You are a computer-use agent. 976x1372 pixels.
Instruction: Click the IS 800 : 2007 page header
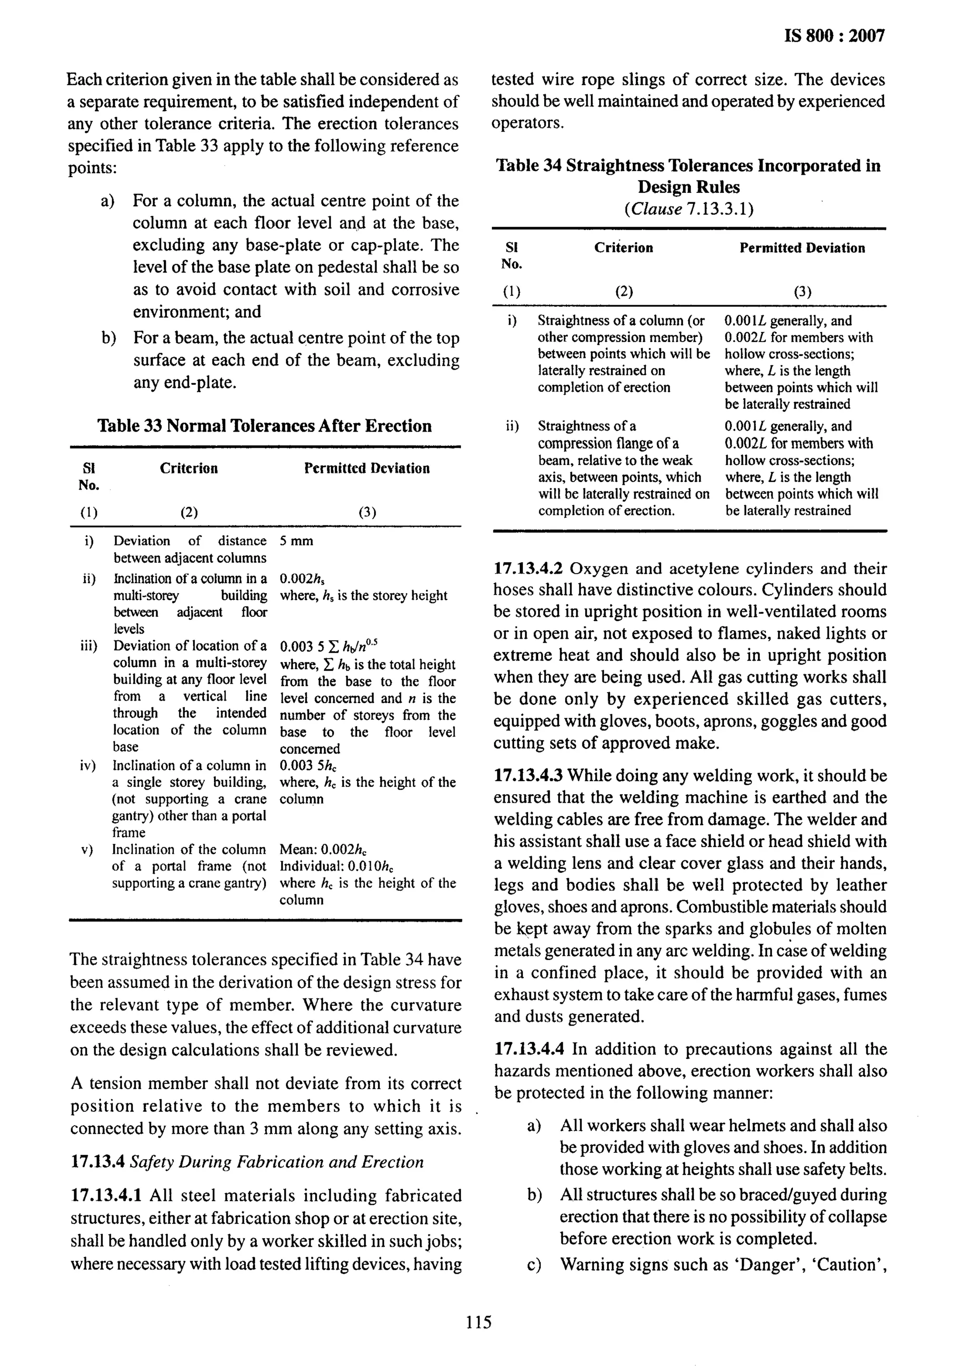(834, 36)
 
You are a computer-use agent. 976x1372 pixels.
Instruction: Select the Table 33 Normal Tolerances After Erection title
(264, 426)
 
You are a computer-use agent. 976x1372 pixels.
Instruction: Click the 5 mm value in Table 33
(296, 541)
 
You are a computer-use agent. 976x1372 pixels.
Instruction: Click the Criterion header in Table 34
(623, 248)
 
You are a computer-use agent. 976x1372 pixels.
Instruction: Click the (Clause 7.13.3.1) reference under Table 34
(689, 209)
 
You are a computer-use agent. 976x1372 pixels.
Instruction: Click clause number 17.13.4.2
(528, 568)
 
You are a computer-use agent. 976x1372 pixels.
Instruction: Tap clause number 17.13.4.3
(528, 776)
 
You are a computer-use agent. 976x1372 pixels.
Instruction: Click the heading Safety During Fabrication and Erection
(276, 1162)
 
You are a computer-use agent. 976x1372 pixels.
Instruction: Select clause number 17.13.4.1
(106, 1195)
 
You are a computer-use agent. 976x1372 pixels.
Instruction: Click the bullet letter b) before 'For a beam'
(109, 338)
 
